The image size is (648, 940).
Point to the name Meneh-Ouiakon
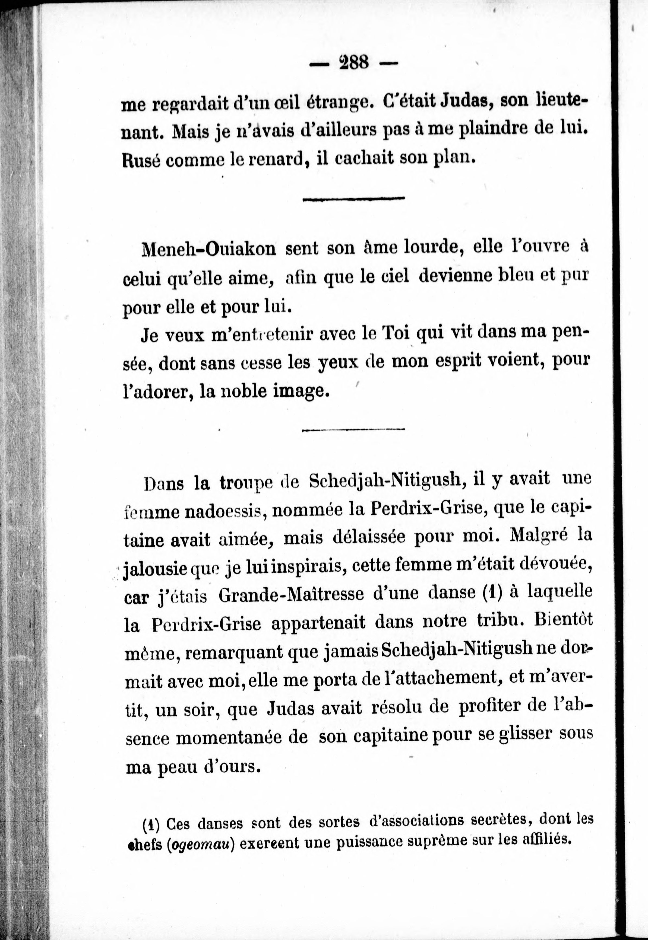(208, 249)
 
